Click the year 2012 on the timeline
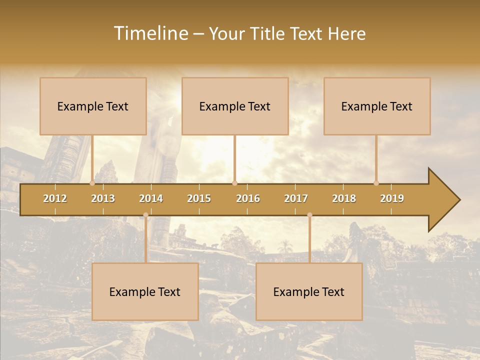click(55, 198)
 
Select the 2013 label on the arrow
click(103, 198)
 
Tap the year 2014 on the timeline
click(151, 198)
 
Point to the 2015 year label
click(199, 198)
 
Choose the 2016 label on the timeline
click(248, 198)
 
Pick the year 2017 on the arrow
click(296, 198)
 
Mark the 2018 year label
click(344, 198)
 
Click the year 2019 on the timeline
click(392, 198)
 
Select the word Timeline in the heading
click(150, 33)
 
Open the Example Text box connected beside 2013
click(93, 106)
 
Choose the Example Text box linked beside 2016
click(235, 106)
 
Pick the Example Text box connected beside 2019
click(377, 106)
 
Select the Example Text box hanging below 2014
click(145, 291)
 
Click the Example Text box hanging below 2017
click(309, 291)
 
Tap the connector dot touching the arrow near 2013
click(92, 183)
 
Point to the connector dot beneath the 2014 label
click(145, 215)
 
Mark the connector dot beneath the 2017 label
click(309, 215)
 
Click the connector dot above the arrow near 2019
click(376, 183)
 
